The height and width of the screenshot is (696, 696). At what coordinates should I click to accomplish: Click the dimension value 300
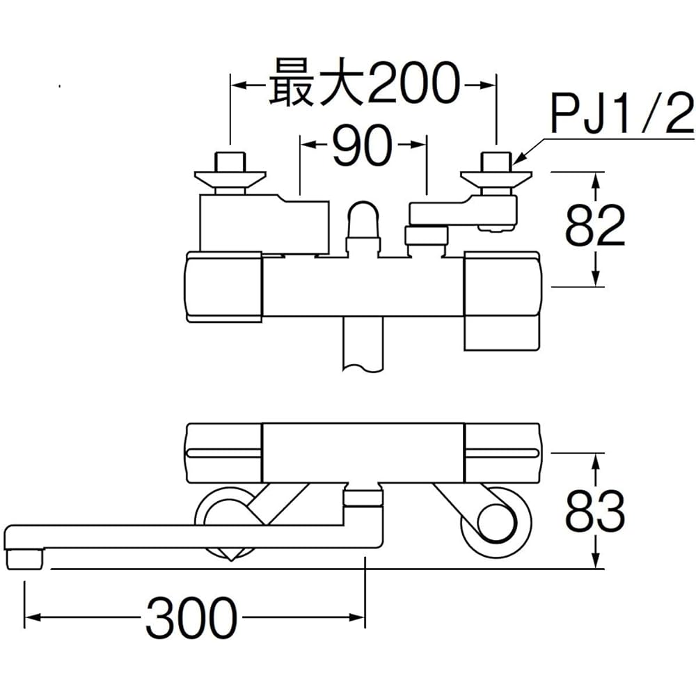(191, 617)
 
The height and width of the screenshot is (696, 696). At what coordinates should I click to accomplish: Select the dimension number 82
(595, 226)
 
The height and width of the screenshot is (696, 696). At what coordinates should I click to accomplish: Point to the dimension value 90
(363, 145)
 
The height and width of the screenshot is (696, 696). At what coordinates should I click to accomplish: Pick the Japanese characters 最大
(317, 84)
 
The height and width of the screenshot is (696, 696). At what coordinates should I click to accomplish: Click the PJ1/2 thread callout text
(622, 113)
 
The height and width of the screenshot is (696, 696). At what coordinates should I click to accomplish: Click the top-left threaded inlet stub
(230, 163)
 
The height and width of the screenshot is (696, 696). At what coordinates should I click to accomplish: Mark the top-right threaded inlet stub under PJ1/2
(497, 163)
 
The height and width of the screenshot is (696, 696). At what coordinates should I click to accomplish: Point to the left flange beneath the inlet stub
(230, 180)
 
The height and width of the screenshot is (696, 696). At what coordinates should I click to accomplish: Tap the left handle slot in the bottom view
(225, 453)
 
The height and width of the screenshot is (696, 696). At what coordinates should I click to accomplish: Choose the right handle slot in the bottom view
(502, 453)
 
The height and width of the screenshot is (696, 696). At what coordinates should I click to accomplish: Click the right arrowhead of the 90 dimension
(417, 145)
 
